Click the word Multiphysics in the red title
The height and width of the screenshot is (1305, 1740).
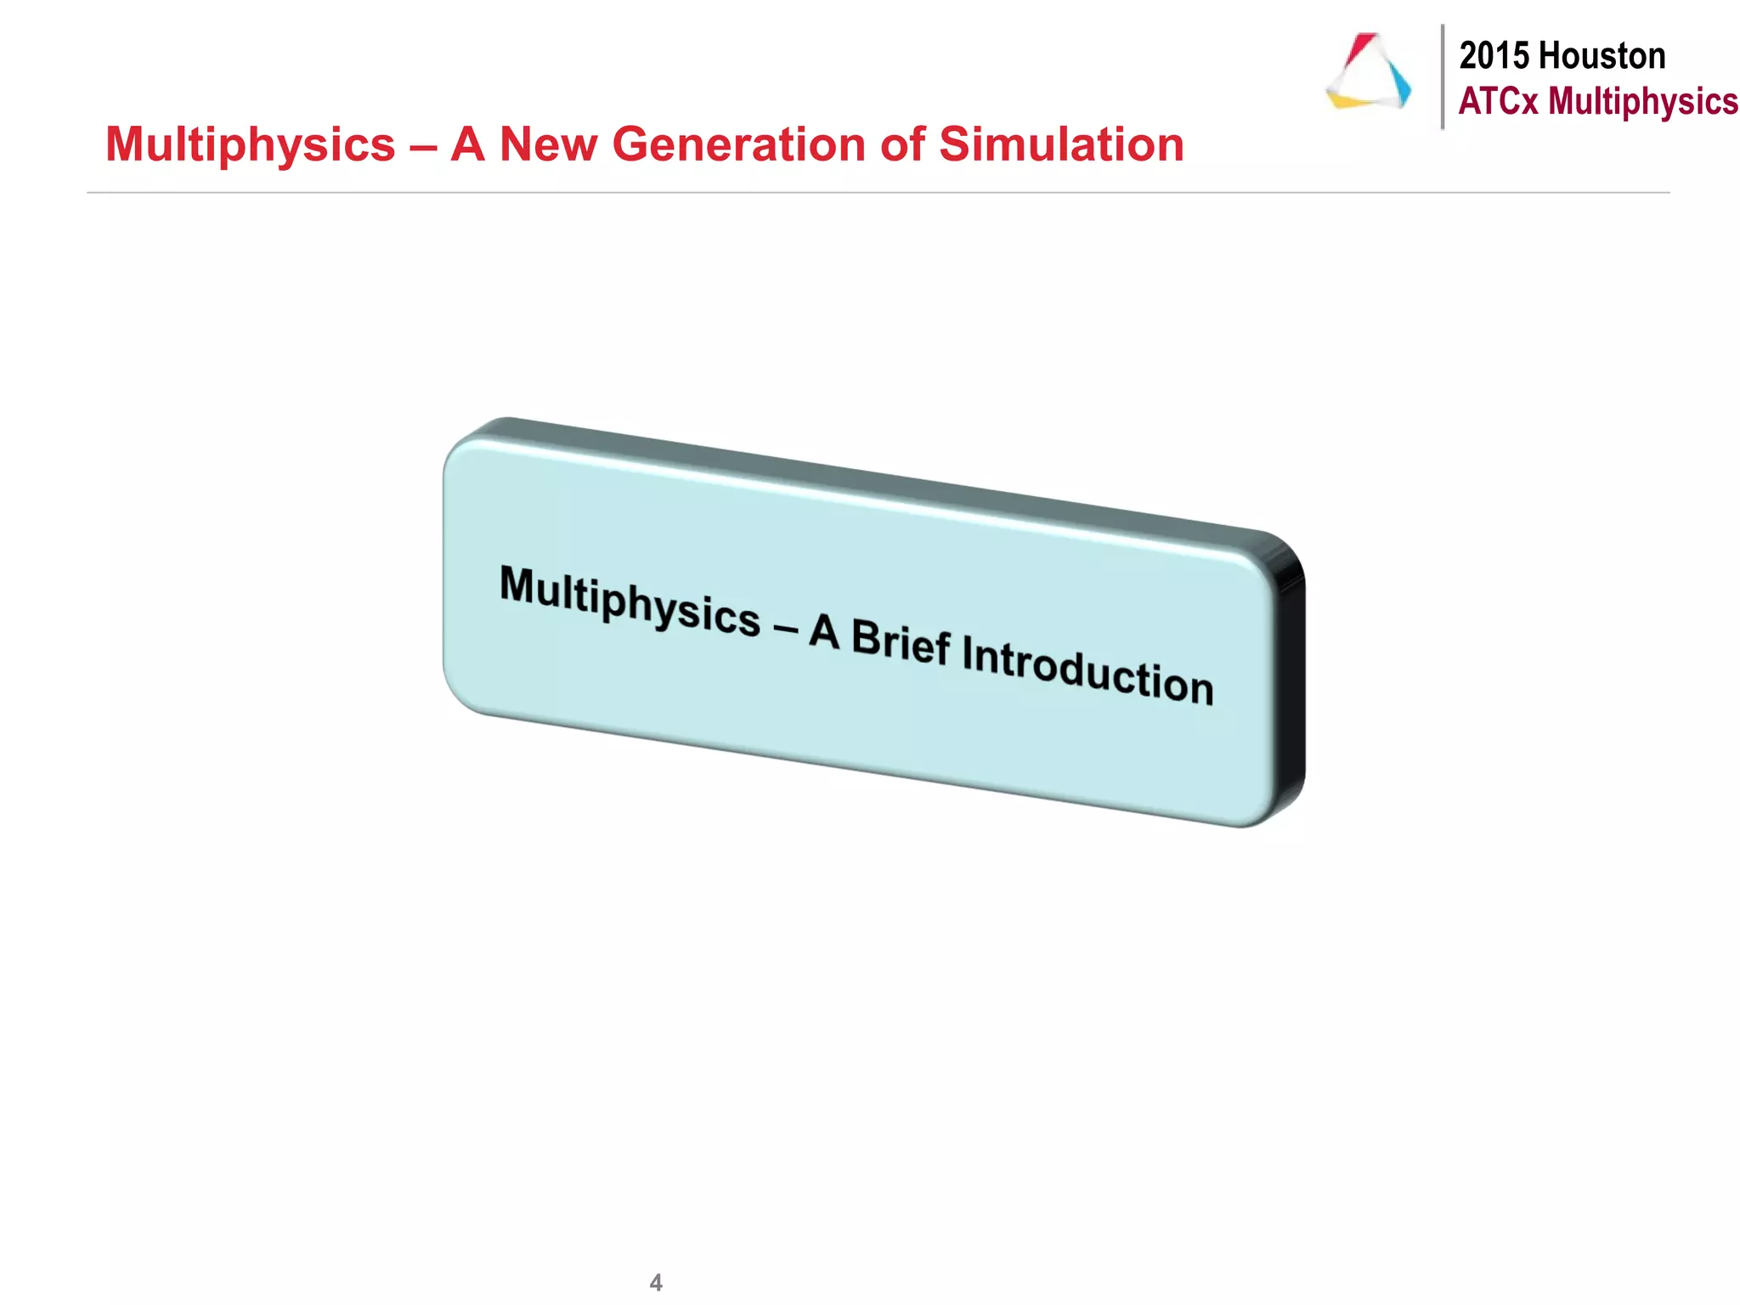click(x=251, y=144)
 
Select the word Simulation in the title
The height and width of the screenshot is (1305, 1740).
click(x=1061, y=144)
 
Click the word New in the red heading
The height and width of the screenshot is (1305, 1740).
click(x=548, y=144)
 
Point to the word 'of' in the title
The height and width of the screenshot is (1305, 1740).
click(x=902, y=144)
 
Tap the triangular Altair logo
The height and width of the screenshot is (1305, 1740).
click(x=1367, y=73)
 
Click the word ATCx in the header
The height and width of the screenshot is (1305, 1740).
click(x=1499, y=101)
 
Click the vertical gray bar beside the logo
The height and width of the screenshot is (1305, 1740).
click(x=1443, y=76)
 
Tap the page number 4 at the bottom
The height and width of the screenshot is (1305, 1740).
click(x=655, y=1282)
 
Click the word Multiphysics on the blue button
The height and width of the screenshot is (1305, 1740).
click(x=630, y=600)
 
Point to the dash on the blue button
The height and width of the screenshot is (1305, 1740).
click(x=785, y=629)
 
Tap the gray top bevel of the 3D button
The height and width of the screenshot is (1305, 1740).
click(x=850, y=476)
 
